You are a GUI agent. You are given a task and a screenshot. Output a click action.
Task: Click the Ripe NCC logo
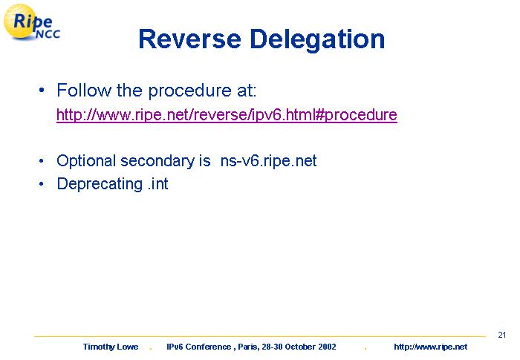click(x=32, y=22)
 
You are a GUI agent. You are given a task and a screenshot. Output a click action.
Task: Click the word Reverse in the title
click(x=189, y=39)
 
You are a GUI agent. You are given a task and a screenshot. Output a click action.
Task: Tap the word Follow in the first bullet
click(x=84, y=90)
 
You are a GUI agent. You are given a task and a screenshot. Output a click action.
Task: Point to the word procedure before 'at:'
click(x=189, y=91)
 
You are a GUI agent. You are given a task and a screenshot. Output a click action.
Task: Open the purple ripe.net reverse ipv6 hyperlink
click(x=227, y=115)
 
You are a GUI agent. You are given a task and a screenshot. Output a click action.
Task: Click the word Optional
click(x=86, y=161)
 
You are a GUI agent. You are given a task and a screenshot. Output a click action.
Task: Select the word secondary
click(x=157, y=161)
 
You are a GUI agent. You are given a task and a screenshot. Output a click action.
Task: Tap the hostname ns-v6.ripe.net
click(x=269, y=161)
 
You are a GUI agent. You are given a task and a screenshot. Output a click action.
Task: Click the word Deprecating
click(x=100, y=184)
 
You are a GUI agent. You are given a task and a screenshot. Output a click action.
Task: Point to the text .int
click(x=158, y=183)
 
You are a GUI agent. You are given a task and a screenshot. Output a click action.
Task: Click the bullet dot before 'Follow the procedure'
click(x=42, y=90)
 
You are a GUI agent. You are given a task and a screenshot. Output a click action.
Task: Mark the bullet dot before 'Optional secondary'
click(x=42, y=161)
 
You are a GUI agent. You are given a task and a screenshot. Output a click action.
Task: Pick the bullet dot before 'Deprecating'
click(x=42, y=184)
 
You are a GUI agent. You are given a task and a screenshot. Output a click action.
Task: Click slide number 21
click(x=501, y=335)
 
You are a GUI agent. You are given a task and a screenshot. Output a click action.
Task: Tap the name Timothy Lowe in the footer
click(x=111, y=347)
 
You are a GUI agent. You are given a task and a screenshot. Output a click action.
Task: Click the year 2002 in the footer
click(x=327, y=347)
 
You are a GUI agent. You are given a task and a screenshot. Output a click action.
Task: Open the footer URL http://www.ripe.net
click(x=430, y=347)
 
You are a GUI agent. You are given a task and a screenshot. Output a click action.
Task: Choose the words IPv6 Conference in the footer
click(x=198, y=347)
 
